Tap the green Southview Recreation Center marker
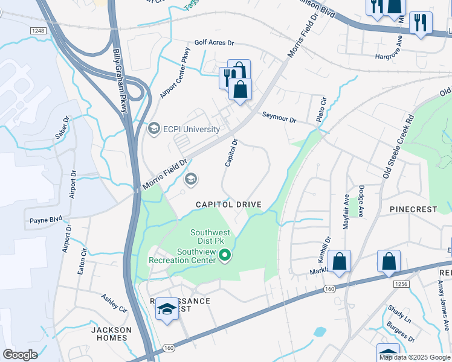click(x=225, y=256)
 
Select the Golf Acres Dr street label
click(x=214, y=43)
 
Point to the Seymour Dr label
click(x=279, y=117)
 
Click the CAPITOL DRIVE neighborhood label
click(x=228, y=205)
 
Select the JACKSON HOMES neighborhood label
click(x=111, y=334)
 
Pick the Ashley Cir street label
click(x=114, y=302)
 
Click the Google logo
click(x=20, y=355)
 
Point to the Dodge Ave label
click(x=361, y=201)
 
